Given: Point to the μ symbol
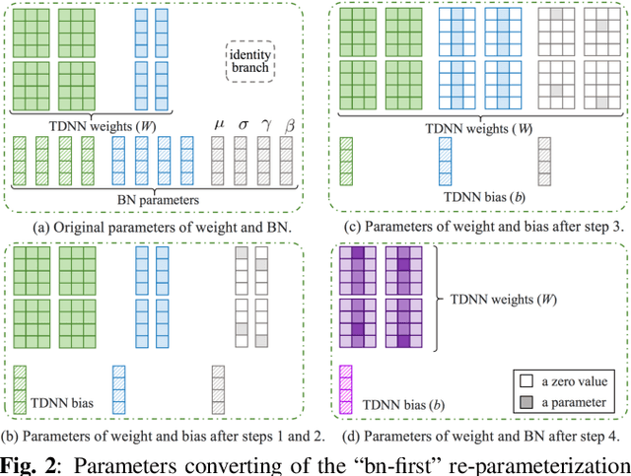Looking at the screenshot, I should (219, 124).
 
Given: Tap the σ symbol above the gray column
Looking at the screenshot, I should (243, 124).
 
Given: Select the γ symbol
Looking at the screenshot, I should (264, 124).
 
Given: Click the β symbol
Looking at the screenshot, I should (287, 124).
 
